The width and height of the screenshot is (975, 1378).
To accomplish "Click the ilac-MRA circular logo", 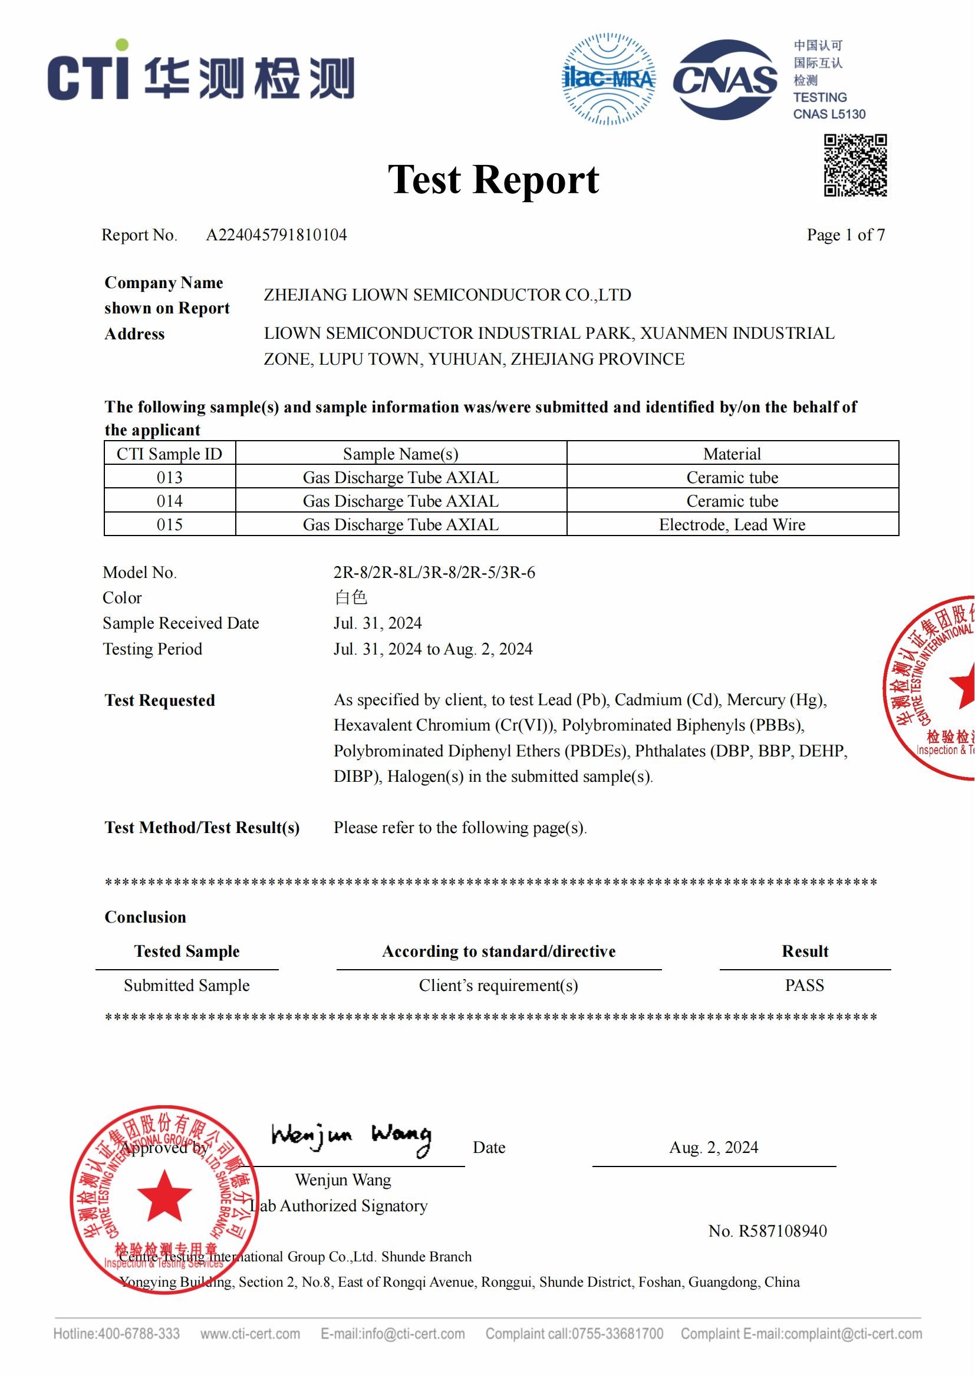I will pyautogui.click(x=608, y=79).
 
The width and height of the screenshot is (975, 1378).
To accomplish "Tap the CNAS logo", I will pyautogui.click(x=724, y=80).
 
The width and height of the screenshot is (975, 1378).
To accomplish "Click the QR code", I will pyautogui.click(x=855, y=165).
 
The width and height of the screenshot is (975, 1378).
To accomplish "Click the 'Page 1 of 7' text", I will pyautogui.click(x=845, y=234).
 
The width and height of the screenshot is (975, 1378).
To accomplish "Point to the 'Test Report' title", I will pyautogui.click(x=493, y=180).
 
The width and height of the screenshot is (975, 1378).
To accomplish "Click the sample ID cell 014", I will pyautogui.click(x=169, y=501).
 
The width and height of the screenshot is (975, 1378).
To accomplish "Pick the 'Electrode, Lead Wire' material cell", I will pyautogui.click(x=732, y=524).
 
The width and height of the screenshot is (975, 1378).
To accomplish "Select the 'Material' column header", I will pyautogui.click(x=732, y=454).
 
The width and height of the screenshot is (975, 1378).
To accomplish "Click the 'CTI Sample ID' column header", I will pyautogui.click(x=169, y=454).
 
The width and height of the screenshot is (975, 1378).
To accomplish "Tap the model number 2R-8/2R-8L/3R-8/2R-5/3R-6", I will pyautogui.click(x=434, y=572).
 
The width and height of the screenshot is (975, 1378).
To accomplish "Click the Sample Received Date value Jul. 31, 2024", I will pyautogui.click(x=378, y=623).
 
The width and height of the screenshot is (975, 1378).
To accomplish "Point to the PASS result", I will pyautogui.click(x=805, y=985).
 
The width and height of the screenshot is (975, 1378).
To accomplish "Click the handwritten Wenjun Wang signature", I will pyautogui.click(x=351, y=1136).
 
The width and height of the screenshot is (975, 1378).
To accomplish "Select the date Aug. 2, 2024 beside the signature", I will pyautogui.click(x=713, y=1148).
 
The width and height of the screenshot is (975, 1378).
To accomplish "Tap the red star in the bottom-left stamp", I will pyautogui.click(x=164, y=1194).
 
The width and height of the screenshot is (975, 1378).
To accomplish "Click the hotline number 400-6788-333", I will pyautogui.click(x=138, y=1334).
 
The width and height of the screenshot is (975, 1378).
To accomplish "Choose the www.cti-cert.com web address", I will pyautogui.click(x=251, y=1334).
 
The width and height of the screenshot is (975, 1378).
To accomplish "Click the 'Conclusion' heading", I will pyautogui.click(x=145, y=917).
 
